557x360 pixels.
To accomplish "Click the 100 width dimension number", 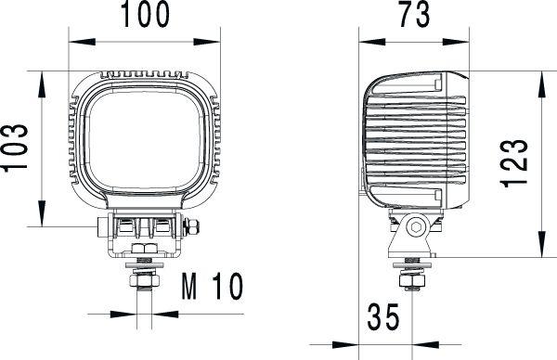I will click(x=145, y=16).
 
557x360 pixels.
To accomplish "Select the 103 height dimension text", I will click(x=20, y=148).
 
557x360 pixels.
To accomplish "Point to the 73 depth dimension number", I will click(x=413, y=16).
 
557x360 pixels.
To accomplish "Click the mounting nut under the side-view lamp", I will click(x=411, y=276).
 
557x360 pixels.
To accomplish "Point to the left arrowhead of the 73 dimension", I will click(x=368, y=41).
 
